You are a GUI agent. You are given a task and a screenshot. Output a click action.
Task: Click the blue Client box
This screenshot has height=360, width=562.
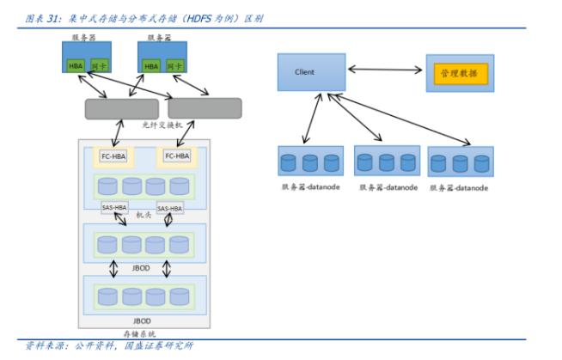coord(311,72)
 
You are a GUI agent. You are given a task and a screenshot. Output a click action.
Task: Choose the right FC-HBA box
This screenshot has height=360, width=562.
coord(177,156)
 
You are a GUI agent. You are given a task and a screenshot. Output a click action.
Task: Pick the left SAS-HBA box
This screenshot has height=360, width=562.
coord(113,208)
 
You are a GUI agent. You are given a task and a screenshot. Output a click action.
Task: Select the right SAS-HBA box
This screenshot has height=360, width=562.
coord(169,208)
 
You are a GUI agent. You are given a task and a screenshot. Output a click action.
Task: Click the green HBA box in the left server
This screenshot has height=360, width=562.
coord(75,66)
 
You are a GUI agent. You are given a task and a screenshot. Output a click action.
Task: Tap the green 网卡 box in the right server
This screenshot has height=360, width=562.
coord(174,66)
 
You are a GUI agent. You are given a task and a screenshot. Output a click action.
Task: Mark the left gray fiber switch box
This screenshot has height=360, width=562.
coord(121,109)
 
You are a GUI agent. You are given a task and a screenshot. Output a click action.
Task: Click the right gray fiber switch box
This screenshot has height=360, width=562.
coord(205,108)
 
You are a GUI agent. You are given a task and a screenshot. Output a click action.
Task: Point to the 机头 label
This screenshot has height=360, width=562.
coord(142,215)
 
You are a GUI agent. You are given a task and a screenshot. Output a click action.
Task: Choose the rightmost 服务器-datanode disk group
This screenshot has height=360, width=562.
coord(461,162)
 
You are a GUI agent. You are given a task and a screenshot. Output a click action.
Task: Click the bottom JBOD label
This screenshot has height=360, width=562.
coord(143,320)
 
